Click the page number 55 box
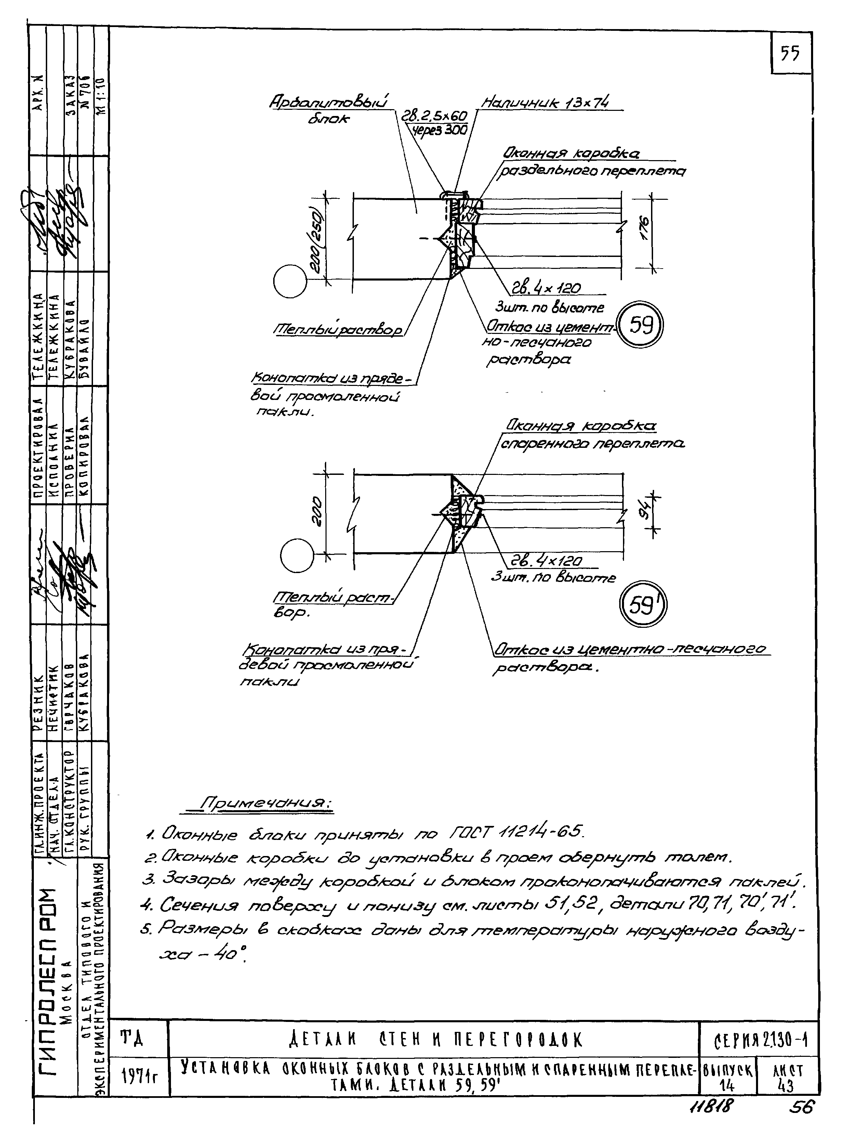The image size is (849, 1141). pyautogui.click(x=791, y=53)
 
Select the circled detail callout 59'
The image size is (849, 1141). pyautogui.click(x=642, y=606)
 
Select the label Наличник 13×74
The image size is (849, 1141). pyautogui.click(x=545, y=103)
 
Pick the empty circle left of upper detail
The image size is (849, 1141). pyautogui.click(x=289, y=281)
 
